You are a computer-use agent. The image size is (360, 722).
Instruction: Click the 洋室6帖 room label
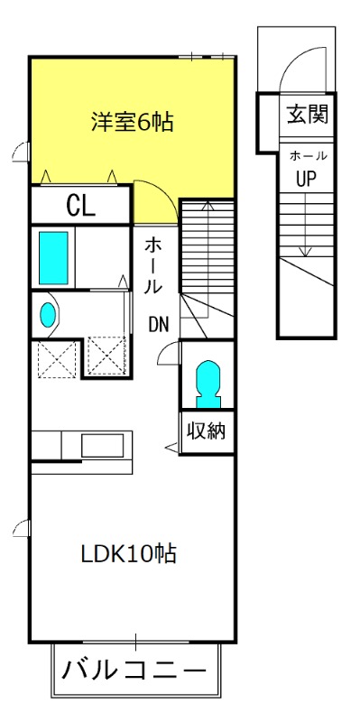132,122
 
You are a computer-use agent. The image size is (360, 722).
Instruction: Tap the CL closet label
80,206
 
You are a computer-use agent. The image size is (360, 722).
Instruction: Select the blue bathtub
53,258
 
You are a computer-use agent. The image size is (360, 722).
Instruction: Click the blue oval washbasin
48,315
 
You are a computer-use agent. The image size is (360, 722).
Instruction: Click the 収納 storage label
206,430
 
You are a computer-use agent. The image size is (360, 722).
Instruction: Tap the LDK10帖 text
128,554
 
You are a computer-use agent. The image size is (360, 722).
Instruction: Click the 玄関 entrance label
308,114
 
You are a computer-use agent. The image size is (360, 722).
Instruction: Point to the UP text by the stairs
306,178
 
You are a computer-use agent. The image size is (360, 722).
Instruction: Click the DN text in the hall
159,325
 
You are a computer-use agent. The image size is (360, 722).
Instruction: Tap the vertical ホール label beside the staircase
153,266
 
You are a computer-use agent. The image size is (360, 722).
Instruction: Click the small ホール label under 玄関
308,156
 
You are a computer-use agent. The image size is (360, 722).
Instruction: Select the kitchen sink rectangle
102,446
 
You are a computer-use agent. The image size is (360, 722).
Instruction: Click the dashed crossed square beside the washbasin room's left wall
57,359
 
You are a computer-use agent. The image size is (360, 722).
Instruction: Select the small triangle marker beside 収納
171,446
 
